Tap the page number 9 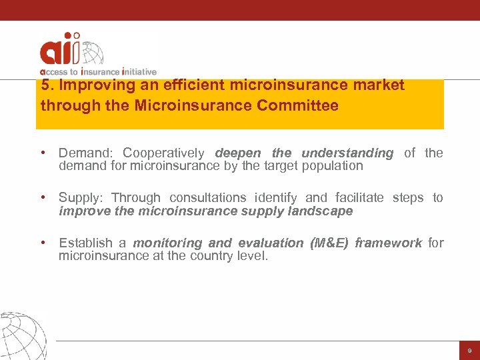pyautogui.click(x=469, y=350)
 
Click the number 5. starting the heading pyautogui.click(x=47, y=85)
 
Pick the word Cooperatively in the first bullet pyautogui.click(x=164, y=153)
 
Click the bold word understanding pyautogui.click(x=347, y=153)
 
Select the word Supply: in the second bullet pyautogui.click(x=82, y=198)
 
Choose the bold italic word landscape pyautogui.click(x=320, y=211)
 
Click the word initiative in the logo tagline pyautogui.click(x=138, y=71)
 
